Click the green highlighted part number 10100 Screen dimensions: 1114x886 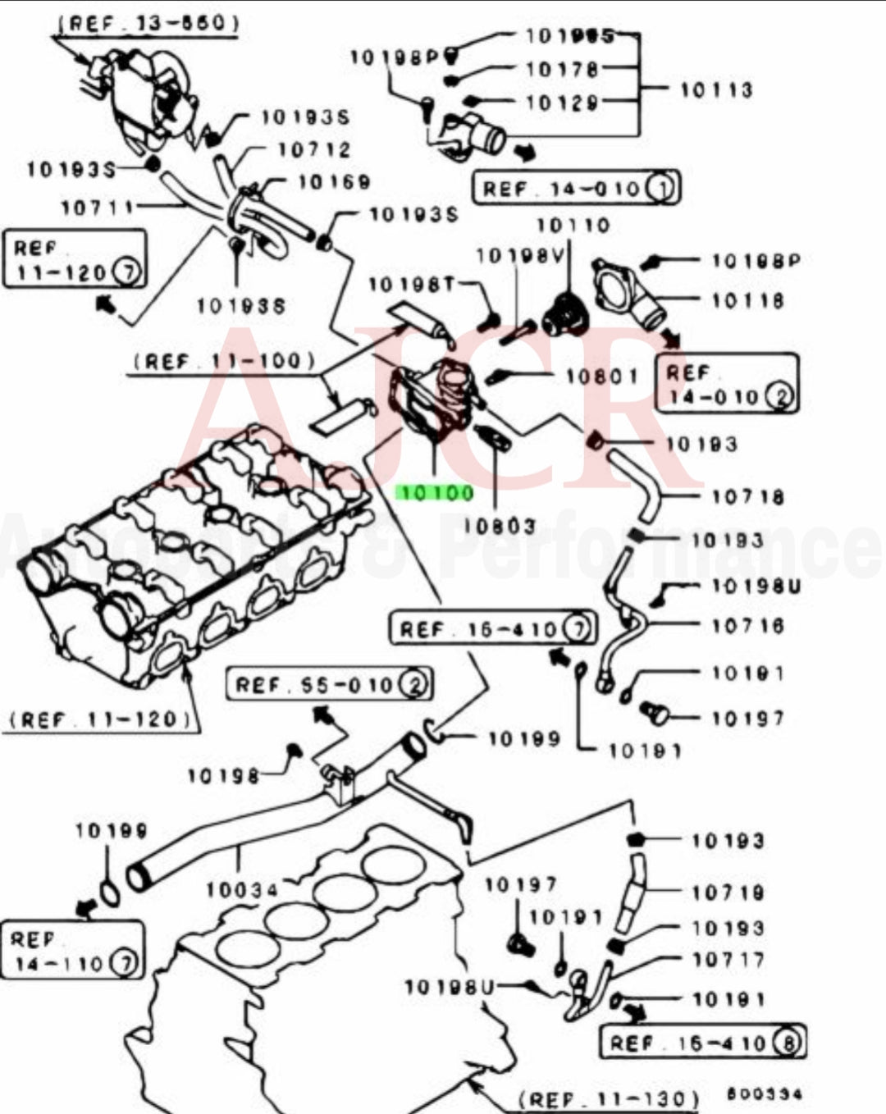coord(435,493)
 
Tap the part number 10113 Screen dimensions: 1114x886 coord(715,89)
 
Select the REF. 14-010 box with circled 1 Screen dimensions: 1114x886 coord(576,189)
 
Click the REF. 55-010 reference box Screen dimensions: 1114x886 coord(329,684)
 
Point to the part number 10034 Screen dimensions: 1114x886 coord(242,888)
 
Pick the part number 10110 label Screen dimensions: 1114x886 coord(573,225)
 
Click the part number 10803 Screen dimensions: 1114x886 coord(500,526)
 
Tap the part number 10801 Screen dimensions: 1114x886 coord(601,377)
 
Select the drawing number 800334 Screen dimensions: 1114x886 coord(764,1093)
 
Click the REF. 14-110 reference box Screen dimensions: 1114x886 coord(72,951)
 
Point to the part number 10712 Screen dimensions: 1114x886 coord(313,150)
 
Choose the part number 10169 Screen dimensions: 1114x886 coord(334,182)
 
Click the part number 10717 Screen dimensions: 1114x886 coord(728,959)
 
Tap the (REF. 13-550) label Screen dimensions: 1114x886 coord(148,23)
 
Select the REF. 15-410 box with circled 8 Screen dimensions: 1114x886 coord(702,1043)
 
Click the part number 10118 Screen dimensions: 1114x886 coord(747,300)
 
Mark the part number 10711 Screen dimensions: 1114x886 coord(97,207)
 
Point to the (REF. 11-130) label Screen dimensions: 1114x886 coord(609,1098)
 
